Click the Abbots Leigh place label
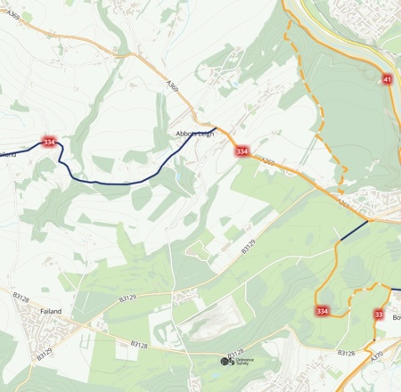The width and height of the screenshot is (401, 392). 195,133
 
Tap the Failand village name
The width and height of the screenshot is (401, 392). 51,311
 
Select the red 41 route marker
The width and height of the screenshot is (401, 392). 387,80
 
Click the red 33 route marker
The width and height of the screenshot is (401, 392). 380,314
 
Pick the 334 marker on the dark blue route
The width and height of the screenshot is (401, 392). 49,142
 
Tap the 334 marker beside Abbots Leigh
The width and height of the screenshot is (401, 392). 242,151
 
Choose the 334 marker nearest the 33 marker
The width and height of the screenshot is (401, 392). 322,311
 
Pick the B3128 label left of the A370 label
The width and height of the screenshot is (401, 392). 346,353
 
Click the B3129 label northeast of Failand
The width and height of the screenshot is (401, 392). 127,297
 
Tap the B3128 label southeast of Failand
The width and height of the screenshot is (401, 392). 140,343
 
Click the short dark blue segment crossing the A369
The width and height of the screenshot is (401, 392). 352,231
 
